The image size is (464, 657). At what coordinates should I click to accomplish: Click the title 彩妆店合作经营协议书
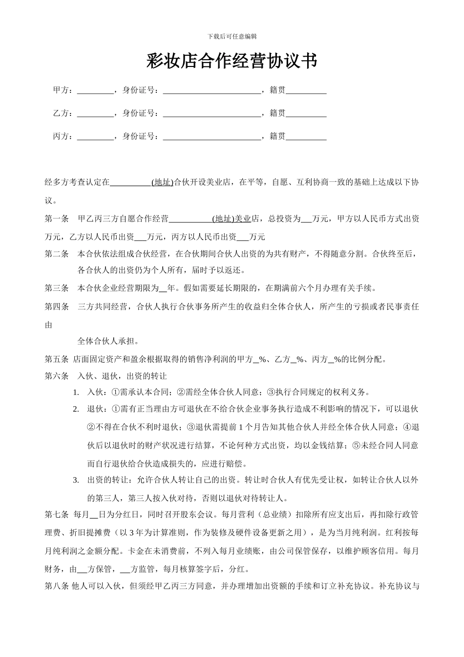pos(232,62)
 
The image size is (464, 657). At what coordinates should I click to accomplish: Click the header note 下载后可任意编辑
pos(232,36)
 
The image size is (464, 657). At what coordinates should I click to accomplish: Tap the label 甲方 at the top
pos(61,90)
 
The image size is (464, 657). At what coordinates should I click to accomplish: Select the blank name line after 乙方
pos(95,113)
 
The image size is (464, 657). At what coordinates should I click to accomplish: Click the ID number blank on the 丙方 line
pos(212,136)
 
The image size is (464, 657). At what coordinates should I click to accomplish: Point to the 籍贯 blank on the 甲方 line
pos(306,90)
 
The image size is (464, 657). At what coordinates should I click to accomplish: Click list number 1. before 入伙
pos(76,392)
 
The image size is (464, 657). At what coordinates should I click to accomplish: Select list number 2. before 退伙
pos(76,409)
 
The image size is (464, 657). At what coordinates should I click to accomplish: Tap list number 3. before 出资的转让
pos(76,480)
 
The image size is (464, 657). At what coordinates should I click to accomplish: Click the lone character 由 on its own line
pos(48,325)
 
